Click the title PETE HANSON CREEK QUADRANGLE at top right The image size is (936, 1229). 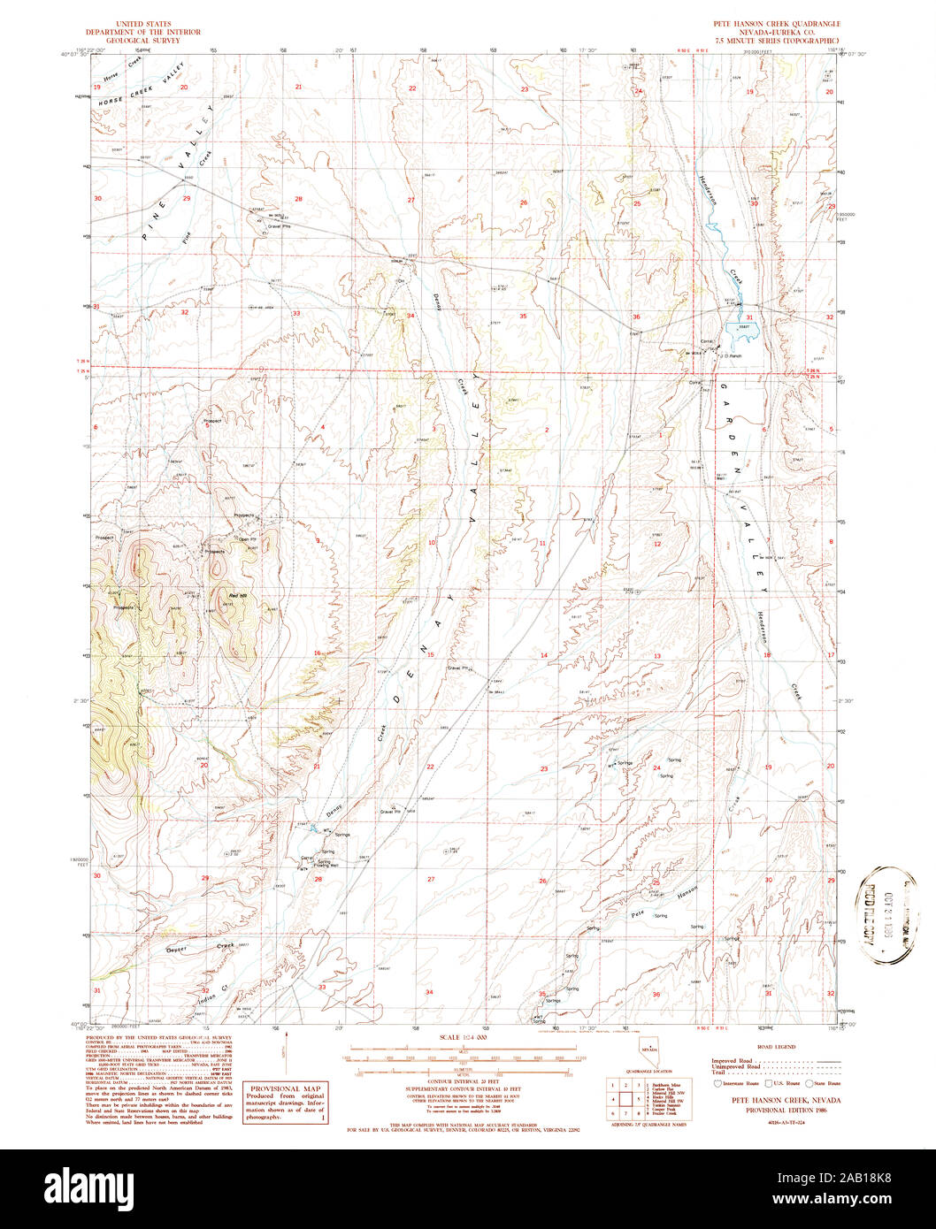[776, 24]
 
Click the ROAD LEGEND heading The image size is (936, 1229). [779, 1048]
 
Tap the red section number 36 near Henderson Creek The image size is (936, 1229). [635, 317]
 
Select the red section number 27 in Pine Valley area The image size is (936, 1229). [410, 201]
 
